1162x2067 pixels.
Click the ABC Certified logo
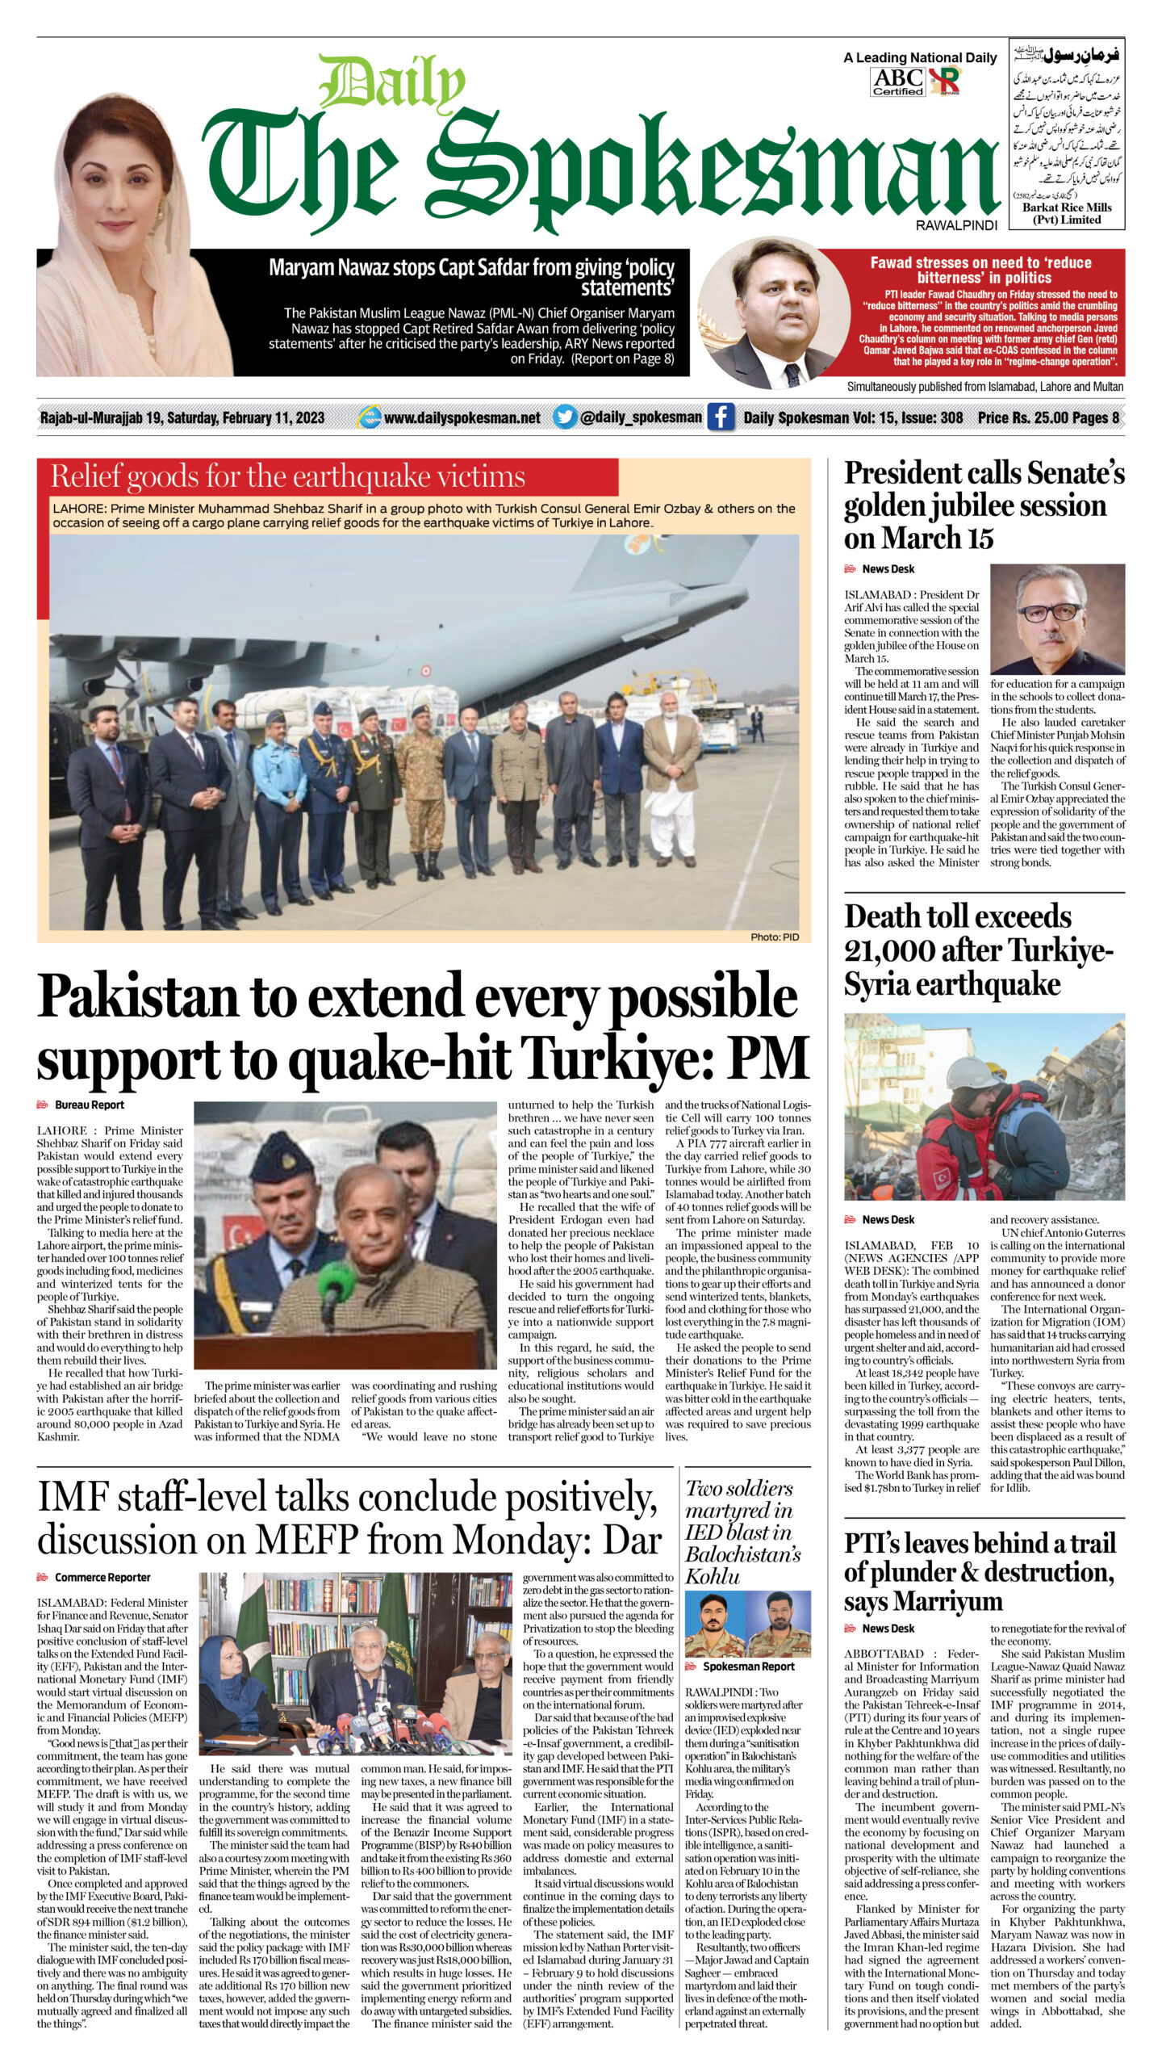[x=898, y=81]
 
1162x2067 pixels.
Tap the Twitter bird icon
[x=566, y=417]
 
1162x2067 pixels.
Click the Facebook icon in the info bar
[x=721, y=417]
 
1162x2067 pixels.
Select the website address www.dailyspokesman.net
[x=462, y=417]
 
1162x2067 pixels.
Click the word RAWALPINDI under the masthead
[x=956, y=225]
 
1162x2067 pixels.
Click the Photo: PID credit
[x=774, y=937]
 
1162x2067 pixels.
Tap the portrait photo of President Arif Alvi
[x=1057, y=619]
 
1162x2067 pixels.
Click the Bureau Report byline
[x=89, y=1105]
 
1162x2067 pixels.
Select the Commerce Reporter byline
[x=102, y=1577]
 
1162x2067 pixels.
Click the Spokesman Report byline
[x=748, y=1666]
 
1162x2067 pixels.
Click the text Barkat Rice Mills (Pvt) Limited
[x=1066, y=213]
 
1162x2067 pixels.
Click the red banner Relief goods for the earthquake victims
[x=328, y=477]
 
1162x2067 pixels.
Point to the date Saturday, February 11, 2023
[x=245, y=417]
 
